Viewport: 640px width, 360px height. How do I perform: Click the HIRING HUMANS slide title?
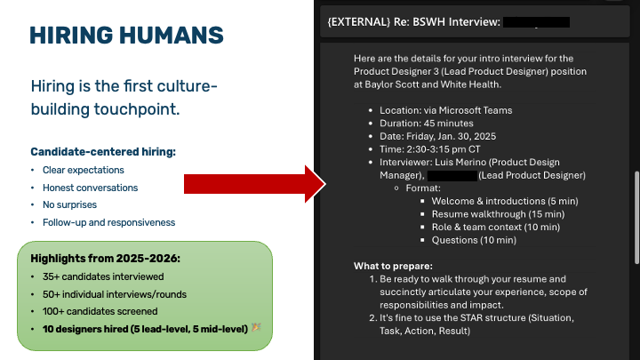(126, 35)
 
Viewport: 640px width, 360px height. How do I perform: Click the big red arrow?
(255, 184)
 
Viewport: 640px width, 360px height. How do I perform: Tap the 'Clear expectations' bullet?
(84, 170)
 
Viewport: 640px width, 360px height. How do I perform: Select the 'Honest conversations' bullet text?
(90, 188)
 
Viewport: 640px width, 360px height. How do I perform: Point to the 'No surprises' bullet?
(70, 205)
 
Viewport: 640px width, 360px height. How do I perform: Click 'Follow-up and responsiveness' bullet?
(109, 222)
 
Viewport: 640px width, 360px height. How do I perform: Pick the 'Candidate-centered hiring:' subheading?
(103, 152)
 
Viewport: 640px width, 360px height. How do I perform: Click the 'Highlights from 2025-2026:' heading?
(105, 259)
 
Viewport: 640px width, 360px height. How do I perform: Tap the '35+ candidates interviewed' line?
(103, 276)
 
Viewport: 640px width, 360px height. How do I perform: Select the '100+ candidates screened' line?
(100, 311)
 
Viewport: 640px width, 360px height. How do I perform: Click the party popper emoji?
(256, 327)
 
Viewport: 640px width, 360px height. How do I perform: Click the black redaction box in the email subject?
(536, 22)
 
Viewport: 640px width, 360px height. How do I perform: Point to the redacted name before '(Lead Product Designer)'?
(452, 175)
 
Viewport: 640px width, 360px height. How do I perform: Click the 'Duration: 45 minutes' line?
(427, 124)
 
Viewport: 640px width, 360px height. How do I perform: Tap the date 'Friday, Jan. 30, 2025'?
(451, 136)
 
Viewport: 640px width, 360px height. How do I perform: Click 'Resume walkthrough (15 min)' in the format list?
(498, 214)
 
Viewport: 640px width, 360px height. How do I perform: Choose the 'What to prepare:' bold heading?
(393, 266)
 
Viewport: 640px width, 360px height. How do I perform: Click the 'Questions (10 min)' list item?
(474, 240)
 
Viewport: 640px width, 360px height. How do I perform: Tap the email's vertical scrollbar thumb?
(636, 218)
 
